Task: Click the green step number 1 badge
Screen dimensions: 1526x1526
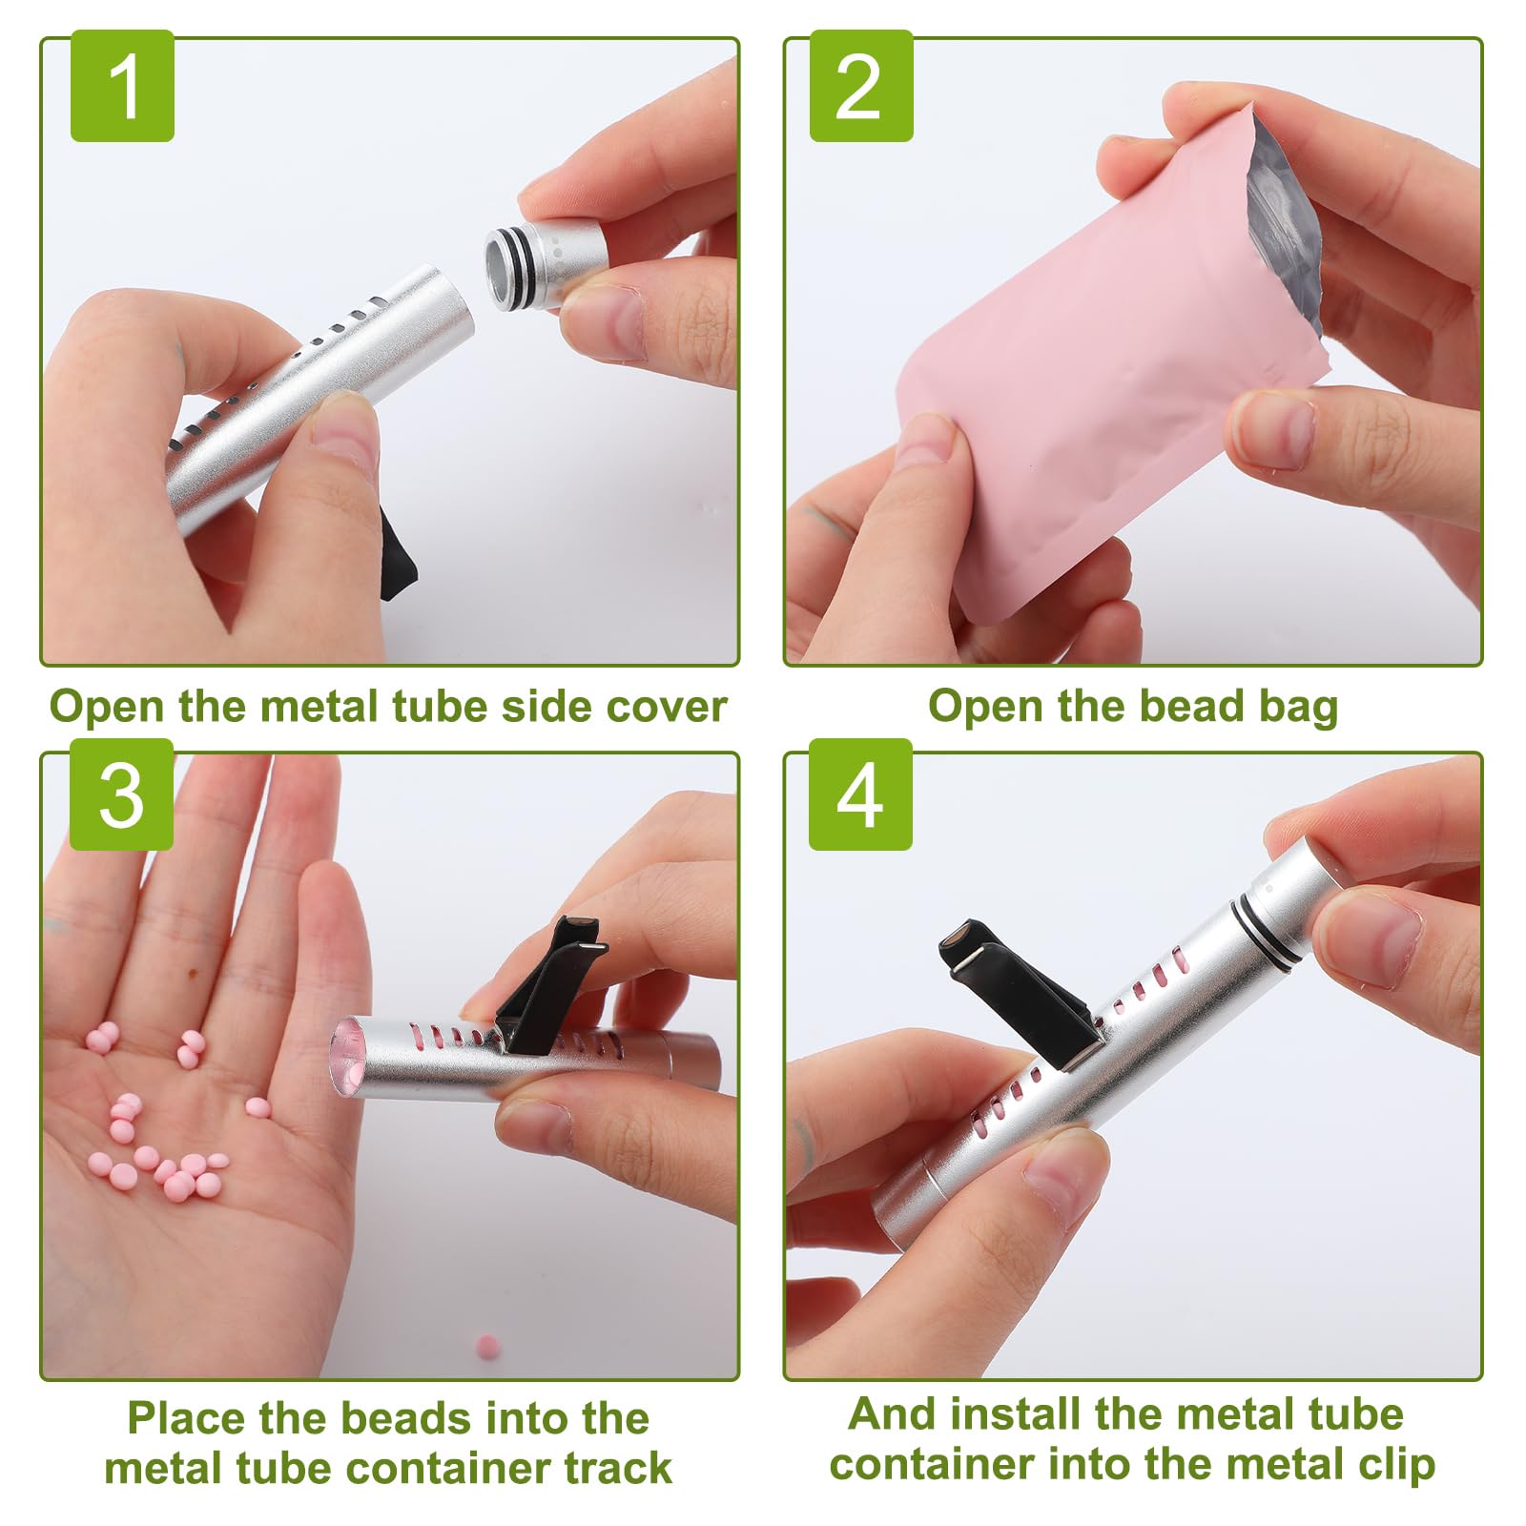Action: coord(122,86)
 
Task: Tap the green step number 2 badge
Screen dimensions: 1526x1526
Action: coord(861,86)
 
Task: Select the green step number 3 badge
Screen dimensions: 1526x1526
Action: coord(121,794)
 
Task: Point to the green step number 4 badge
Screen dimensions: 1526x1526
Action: coord(860,794)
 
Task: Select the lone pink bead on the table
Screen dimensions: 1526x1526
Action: coord(487,1346)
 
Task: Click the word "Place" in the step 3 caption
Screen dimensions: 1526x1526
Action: coord(185,1418)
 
